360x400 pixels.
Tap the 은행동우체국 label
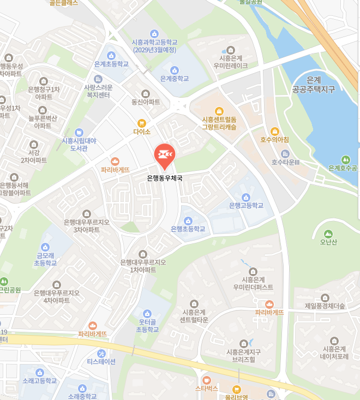[165, 178]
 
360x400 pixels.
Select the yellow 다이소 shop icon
[142, 123]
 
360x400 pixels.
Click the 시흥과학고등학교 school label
[155, 45]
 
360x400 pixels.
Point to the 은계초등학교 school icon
[111, 55]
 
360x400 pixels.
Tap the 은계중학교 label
[175, 79]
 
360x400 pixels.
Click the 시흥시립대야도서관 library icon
[79, 133]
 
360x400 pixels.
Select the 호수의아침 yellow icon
[275, 131]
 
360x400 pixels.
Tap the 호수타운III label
[286, 162]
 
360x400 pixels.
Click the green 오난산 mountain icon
[327, 234]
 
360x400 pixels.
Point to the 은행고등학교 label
[246, 206]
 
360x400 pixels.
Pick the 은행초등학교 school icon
[188, 220]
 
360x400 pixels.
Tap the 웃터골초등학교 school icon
[147, 314]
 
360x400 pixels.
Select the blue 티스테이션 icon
[101, 353]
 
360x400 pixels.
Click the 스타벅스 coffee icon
[206, 380]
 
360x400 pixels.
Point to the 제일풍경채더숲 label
[325, 306]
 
